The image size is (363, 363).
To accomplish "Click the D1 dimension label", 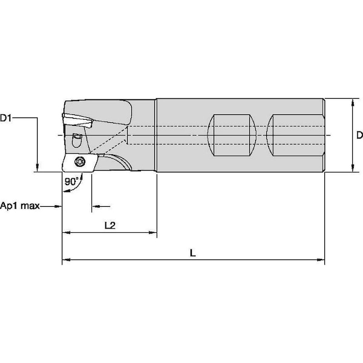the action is (5, 118).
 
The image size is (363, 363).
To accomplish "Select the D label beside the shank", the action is (359, 135).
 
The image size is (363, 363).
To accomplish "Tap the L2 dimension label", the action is (110, 225).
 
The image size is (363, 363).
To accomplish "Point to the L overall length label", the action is (192, 253).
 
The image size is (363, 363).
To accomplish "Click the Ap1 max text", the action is (20, 206).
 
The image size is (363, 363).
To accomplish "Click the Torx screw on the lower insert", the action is (80, 161).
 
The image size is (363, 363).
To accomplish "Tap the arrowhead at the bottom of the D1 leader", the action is (38, 168).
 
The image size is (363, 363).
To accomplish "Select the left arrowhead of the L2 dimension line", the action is (66, 232).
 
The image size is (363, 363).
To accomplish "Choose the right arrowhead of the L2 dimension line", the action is (153, 232).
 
